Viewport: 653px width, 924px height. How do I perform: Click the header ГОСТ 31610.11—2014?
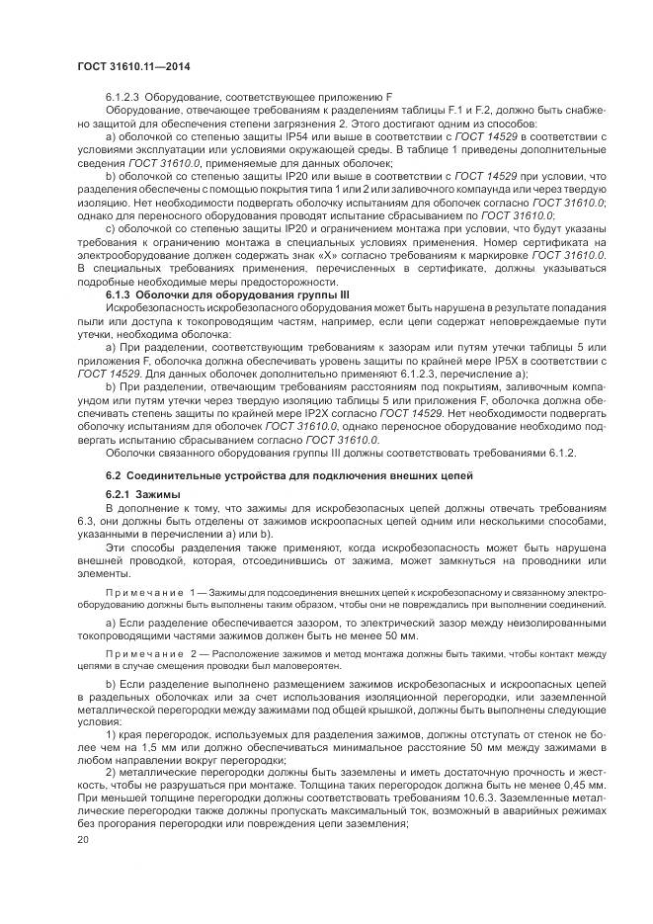132,67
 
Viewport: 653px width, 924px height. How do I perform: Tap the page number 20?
82,839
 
